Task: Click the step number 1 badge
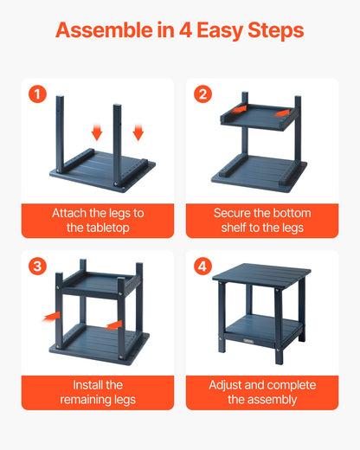(x=37, y=94)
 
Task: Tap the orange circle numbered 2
(x=202, y=94)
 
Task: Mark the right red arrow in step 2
(x=282, y=112)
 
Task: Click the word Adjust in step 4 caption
(x=228, y=384)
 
